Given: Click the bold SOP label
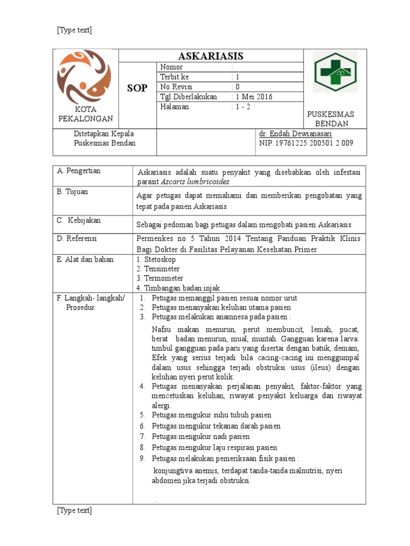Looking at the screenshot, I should [x=137, y=88].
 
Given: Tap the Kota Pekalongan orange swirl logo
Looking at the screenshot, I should [x=85, y=77].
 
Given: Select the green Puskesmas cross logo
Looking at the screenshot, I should [x=335, y=72].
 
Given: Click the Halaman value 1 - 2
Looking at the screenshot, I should [x=242, y=107].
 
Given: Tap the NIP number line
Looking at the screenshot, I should [x=306, y=143].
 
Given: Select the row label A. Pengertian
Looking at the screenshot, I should [x=79, y=171].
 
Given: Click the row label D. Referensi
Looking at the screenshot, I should [x=77, y=238].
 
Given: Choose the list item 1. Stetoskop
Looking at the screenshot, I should [x=156, y=259].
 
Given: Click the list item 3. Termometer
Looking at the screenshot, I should [x=160, y=278].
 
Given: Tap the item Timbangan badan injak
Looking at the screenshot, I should [x=182, y=288].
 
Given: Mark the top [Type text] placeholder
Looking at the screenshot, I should [x=74, y=30].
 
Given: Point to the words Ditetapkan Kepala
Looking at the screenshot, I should [x=104, y=134].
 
